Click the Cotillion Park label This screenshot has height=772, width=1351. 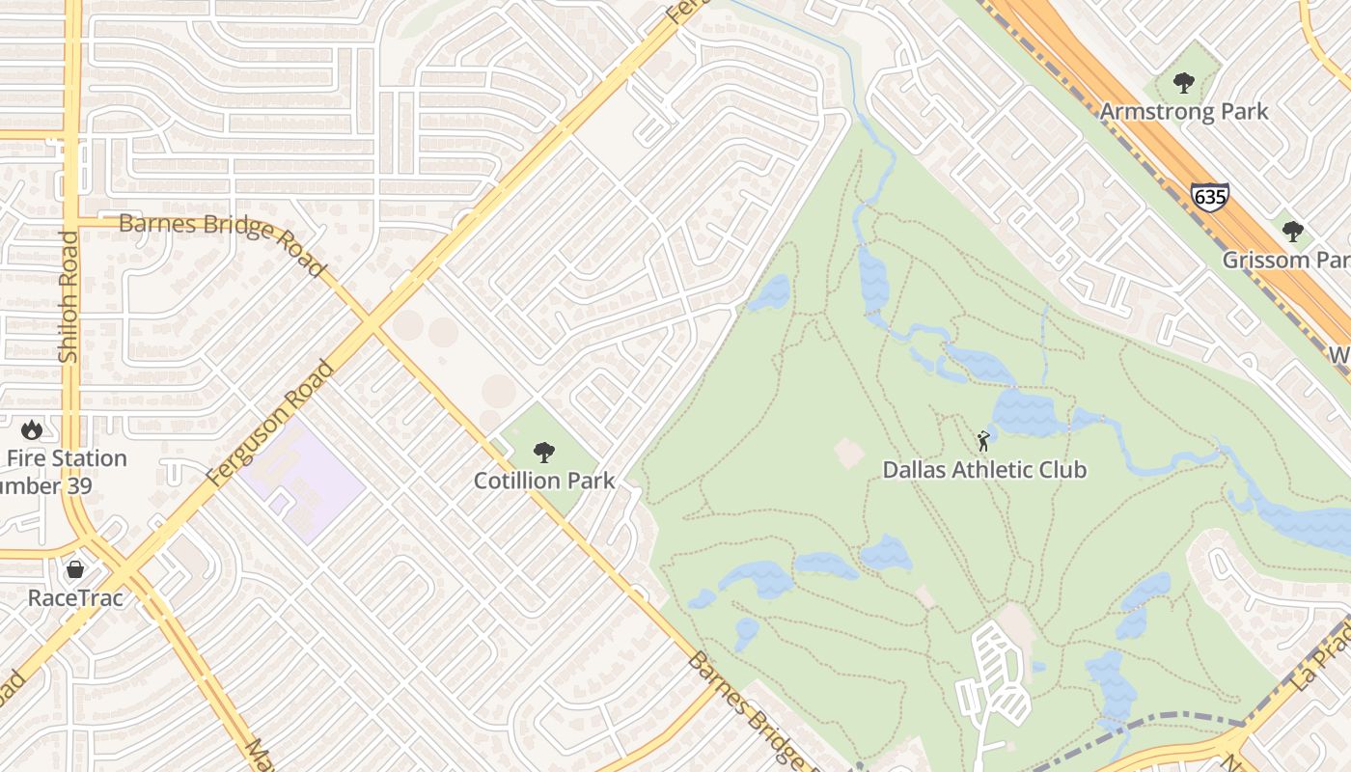click(x=543, y=481)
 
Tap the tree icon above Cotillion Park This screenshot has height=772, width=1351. click(x=544, y=452)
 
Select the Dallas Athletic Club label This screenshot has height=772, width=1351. click(x=984, y=470)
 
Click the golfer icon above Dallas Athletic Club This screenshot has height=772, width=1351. click(x=983, y=441)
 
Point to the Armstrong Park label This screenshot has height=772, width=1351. click(x=1183, y=111)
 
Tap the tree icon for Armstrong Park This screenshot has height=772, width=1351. click(x=1184, y=83)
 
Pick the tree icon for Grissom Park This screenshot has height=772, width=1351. click(x=1293, y=232)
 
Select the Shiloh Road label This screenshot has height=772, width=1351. click(x=69, y=297)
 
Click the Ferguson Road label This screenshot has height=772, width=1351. click(x=270, y=424)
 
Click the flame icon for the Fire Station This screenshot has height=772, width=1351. click(x=32, y=429)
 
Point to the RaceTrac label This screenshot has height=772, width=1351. click(x=75, y=598)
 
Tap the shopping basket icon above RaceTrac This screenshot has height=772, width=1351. click(x=75, y=569)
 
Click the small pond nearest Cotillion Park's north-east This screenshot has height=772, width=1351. click(x=770, y=292)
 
